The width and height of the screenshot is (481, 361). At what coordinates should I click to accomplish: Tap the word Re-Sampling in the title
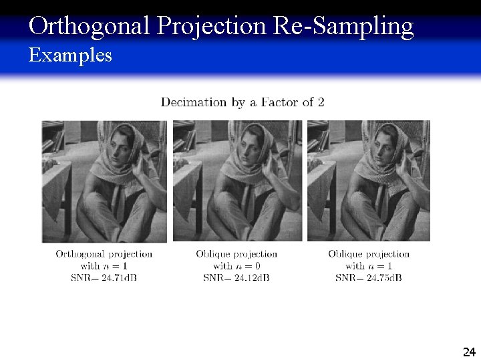pyautogui.click(x=343, y=27)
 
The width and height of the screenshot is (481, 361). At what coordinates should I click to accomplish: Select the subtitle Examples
pyautogui.click(x=70, y=55)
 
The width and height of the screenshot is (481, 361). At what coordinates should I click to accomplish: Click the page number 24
pyautogui.click(x=468, y=352)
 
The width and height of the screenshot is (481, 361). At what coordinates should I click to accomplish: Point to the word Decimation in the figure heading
pyautogui.click(x=194, y=102)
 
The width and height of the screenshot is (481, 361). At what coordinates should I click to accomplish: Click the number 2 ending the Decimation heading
pyautogui.click(x=321, y=102)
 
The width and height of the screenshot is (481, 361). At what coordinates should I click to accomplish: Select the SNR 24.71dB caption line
pyautogui.click(x=104, y=277)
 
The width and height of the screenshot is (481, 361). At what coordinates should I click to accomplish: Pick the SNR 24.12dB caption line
pyautogui.click(x=236, y=277)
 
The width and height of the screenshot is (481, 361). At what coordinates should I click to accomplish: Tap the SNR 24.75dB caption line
pyautogui.click(x=369, y=277)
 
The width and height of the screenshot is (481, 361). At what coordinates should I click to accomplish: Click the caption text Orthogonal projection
pyautogui.click(x=104, y=254)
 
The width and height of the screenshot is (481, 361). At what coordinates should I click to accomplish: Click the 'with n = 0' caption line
pyautogui.click(x=236, y=265)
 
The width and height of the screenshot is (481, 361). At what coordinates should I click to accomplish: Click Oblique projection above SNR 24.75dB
pyautogui.click(x=369, y=254)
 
